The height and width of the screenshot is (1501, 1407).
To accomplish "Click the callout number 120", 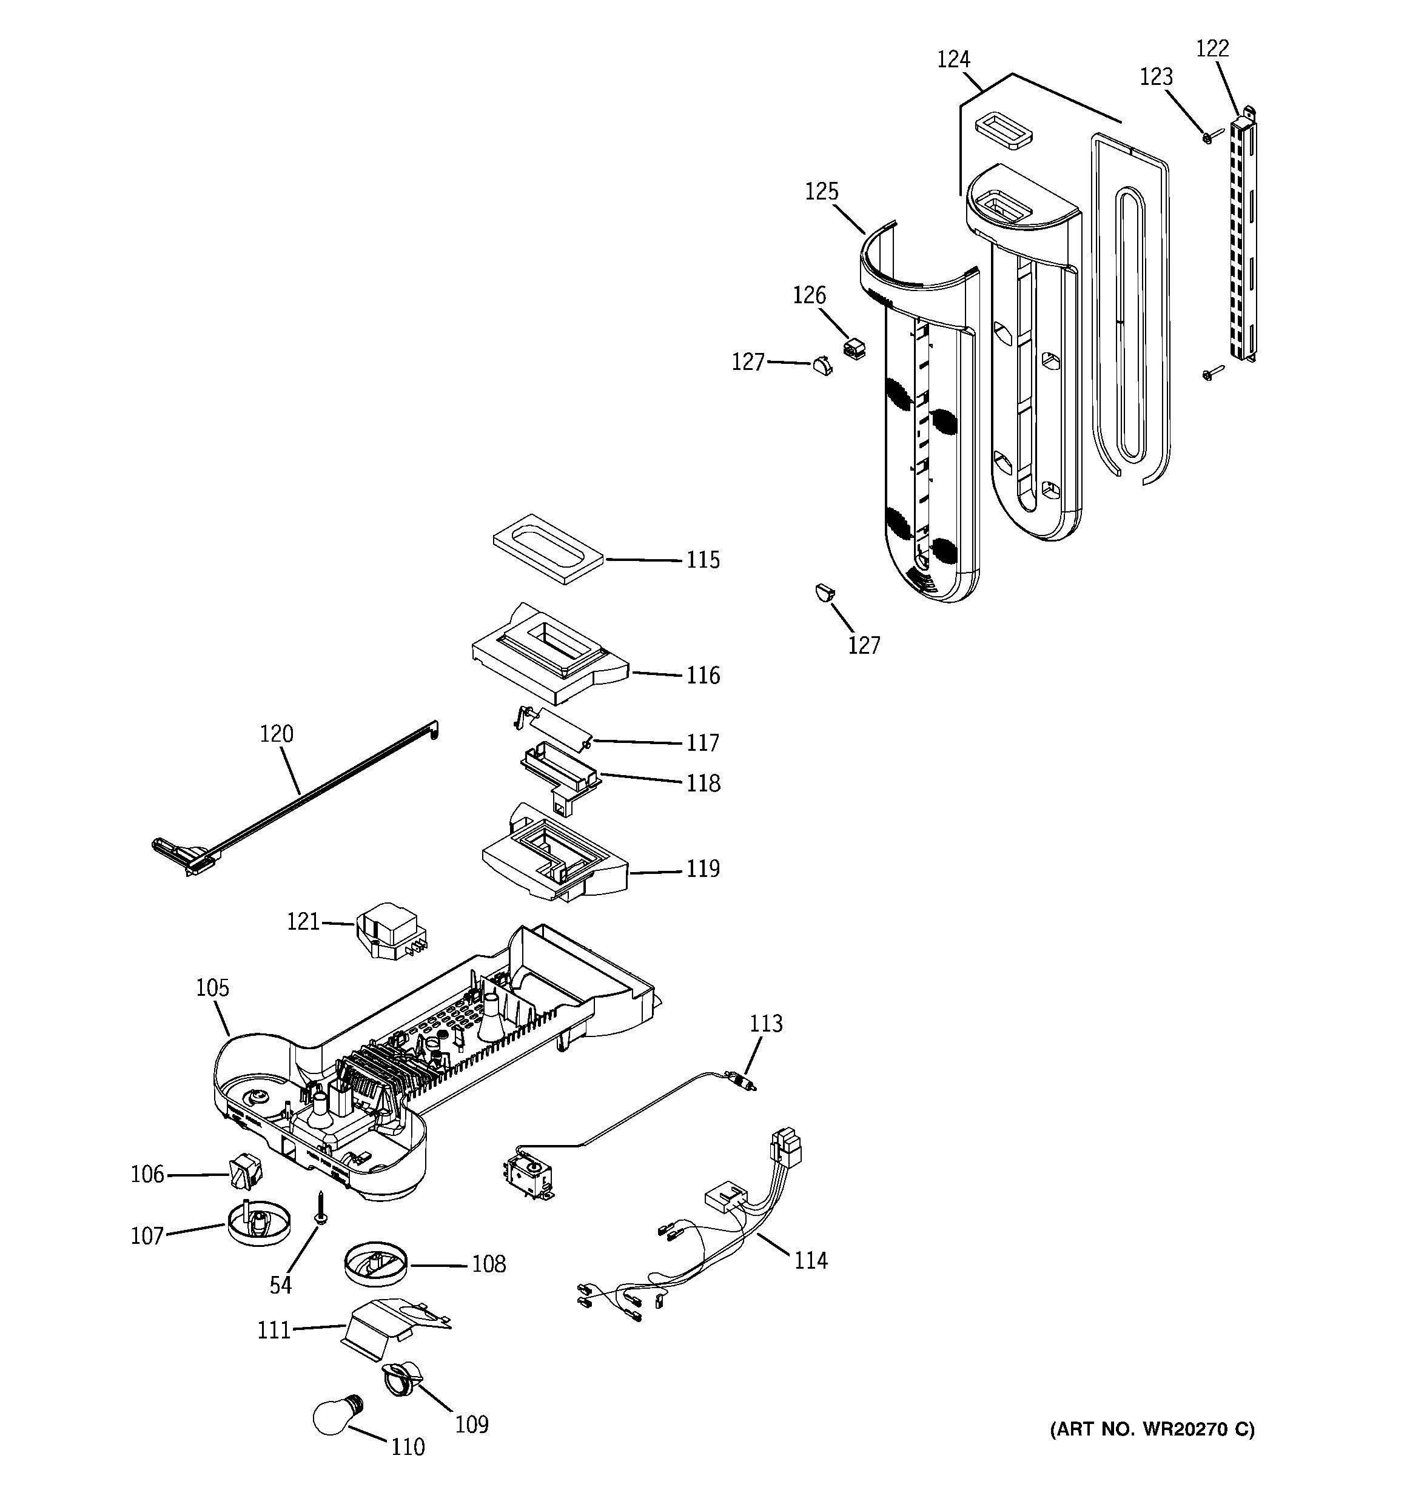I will pyautogui.click(x=277, y=734).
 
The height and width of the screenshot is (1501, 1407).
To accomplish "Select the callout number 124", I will pyautogui.click(x=953, y=59).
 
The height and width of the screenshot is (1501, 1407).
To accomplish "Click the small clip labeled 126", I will pyautogui.click(x=853, y=348).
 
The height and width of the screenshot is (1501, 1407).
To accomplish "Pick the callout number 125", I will pyautogui.click(x=822, y=192).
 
